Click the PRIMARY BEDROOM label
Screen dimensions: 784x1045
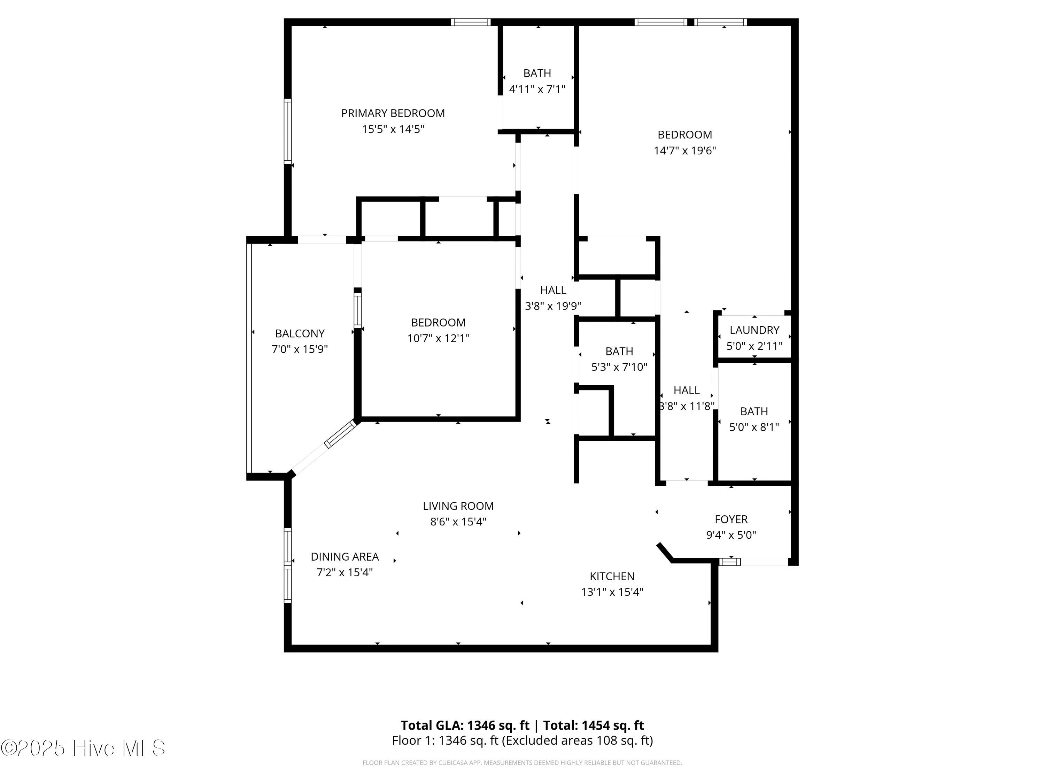tap(393, 113)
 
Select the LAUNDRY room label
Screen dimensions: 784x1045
tap(754, 330)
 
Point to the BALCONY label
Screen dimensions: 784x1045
tap(300, 334)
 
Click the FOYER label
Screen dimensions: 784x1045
tap(731, 520)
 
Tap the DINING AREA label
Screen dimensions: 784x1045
tap(345, 557)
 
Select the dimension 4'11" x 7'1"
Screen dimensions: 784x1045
tap(537, 89)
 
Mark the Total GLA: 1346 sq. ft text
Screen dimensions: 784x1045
tap(465, 725)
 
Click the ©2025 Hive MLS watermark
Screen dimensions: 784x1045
tap(83, 748)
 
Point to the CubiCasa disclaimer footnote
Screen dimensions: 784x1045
tap(522, 763)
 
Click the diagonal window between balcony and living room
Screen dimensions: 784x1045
tap(340, 434)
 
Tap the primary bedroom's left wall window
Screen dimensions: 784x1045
tap(287, 131)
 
